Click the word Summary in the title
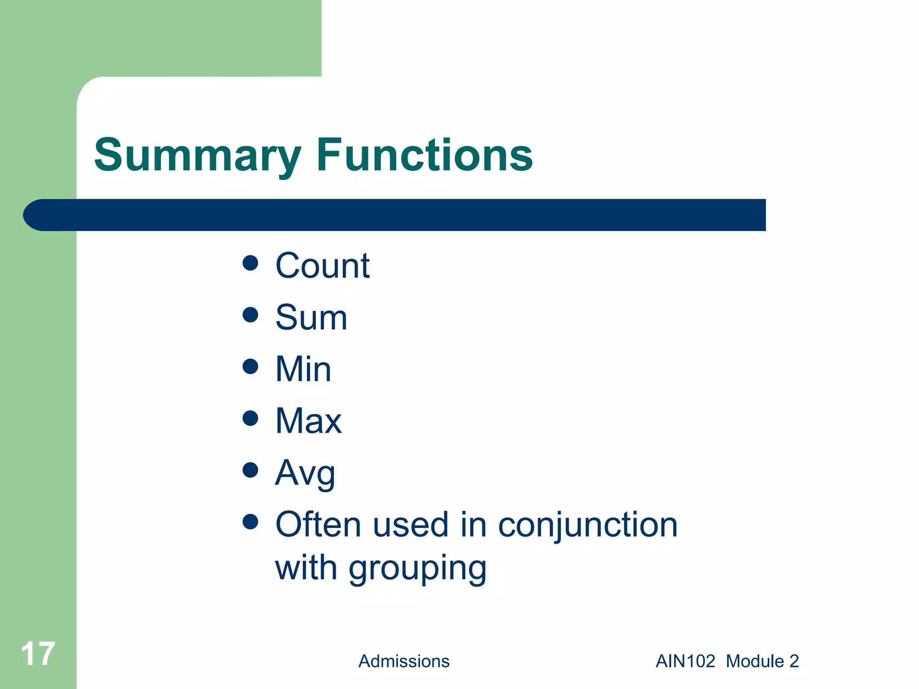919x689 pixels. click(197, 156)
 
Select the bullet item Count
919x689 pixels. click(322, 266)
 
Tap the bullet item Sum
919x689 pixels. click(311, 318)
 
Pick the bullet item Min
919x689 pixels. click(303, 369)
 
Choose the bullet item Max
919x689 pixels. click(308, 421)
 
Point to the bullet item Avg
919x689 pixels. click(305, 473)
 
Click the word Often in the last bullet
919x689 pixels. click(318, 524)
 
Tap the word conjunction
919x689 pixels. click(587, 525)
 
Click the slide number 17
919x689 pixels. click(38, 654)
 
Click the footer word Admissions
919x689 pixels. click(404, 661)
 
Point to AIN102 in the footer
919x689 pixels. click(685, 661)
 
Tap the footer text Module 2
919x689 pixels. click(762, 661)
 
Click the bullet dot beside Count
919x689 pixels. click(250, 263)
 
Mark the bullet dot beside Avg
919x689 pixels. click(250, 470)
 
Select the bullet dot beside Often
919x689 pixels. click(250, 522)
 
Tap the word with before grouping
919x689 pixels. click(306, 568)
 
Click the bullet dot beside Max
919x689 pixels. click(250, 418)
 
